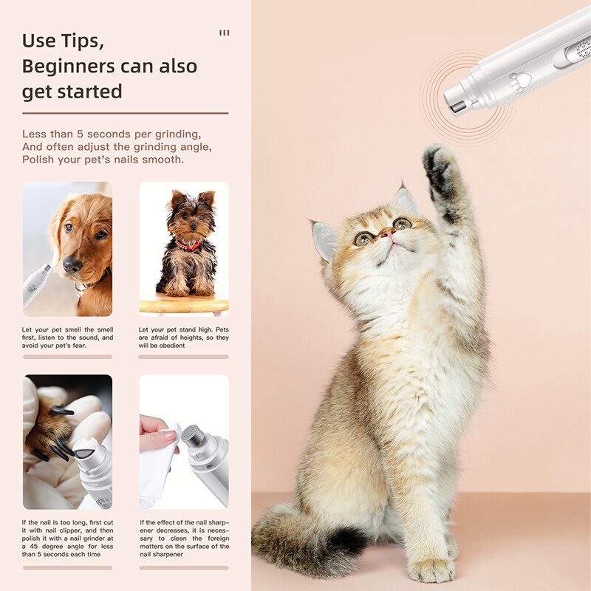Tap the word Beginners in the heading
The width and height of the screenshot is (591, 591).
pos(68,66)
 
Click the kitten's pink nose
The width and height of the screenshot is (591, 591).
pos(386,233)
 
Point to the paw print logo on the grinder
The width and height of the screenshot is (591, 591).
pos(520,81)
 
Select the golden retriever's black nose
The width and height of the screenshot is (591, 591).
pos(72,264)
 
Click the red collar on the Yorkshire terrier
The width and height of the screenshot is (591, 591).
pos(188,246)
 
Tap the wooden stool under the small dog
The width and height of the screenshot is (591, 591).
pos(184,304)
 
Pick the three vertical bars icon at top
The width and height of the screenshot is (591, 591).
pos(225,33)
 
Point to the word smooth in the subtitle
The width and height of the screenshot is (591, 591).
pos(163,160)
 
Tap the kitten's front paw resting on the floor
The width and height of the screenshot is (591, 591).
pos(432,568)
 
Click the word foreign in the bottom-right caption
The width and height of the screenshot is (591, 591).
pos(219,539)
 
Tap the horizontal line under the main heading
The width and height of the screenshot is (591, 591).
pos(125,113)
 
